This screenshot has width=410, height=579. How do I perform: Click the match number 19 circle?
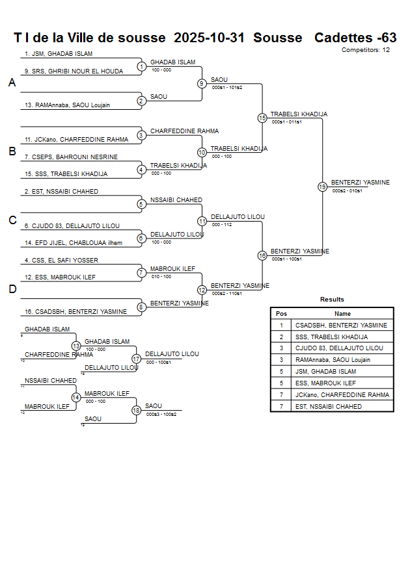322,187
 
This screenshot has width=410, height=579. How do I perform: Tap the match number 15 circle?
262,118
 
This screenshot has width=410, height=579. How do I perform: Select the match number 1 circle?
141,66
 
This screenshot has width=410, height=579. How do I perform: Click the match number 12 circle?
202,290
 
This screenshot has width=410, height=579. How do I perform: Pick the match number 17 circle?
136,359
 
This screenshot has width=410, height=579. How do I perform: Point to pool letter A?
12,83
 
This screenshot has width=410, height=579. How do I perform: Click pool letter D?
12,290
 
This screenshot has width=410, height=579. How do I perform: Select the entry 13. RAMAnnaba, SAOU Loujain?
67,105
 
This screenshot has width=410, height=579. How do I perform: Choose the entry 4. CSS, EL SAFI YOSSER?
61,260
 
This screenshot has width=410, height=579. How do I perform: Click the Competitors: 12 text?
366,49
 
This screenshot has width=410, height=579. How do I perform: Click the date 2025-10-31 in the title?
210,38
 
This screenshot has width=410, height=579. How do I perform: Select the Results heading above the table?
332,300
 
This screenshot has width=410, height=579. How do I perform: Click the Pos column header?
281,313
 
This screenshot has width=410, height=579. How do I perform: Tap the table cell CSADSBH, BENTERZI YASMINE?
341,325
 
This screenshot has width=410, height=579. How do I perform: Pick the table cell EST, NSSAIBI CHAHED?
328,406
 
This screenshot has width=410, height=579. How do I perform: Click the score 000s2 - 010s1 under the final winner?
347,191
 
